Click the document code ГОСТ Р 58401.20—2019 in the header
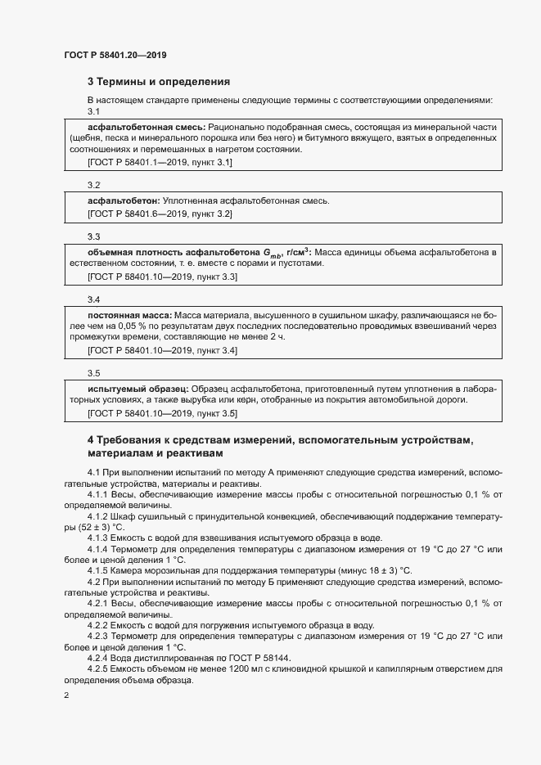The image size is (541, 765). click(x=116, y=55)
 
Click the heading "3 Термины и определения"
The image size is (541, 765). click(x=158, y=82)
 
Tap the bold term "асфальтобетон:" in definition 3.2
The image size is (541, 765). click(x=124, y=200)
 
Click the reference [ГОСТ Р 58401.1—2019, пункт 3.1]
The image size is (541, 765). click(x=160, y=163)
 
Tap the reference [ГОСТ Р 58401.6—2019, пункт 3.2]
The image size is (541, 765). click(x=160, y=214)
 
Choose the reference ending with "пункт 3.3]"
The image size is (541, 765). click(x=162, y=277)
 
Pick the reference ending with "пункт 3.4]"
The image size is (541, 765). click(x=162, y=350)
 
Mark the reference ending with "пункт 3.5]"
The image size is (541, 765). click(x=162, y=413)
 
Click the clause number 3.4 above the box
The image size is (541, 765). click(x=93, y=299)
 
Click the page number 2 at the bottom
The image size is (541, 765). click(x=66, y=695)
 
